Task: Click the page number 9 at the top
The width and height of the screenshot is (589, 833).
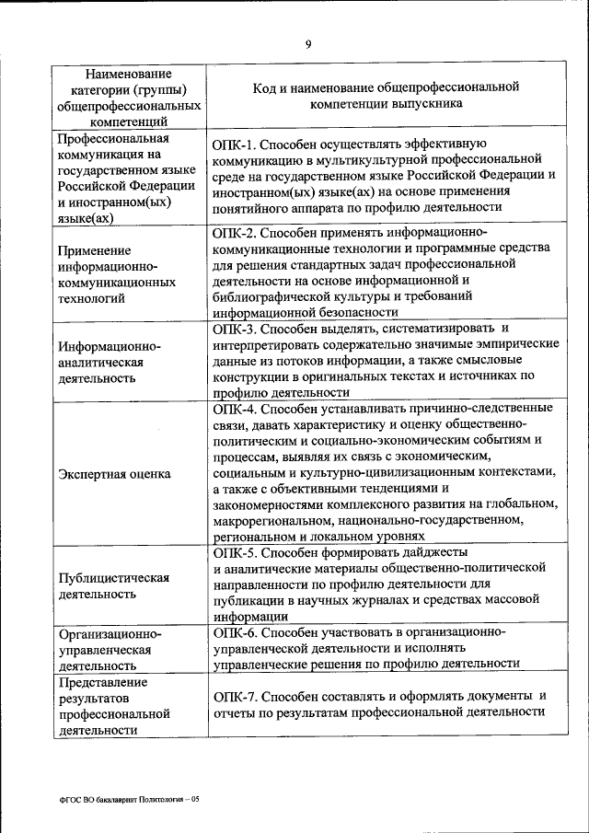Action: [308, 43]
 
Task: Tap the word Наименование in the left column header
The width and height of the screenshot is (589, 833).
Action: [128, 73]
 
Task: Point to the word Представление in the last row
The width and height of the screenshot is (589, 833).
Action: [102, 682]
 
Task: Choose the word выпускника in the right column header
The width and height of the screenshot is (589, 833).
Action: [433, 104]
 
